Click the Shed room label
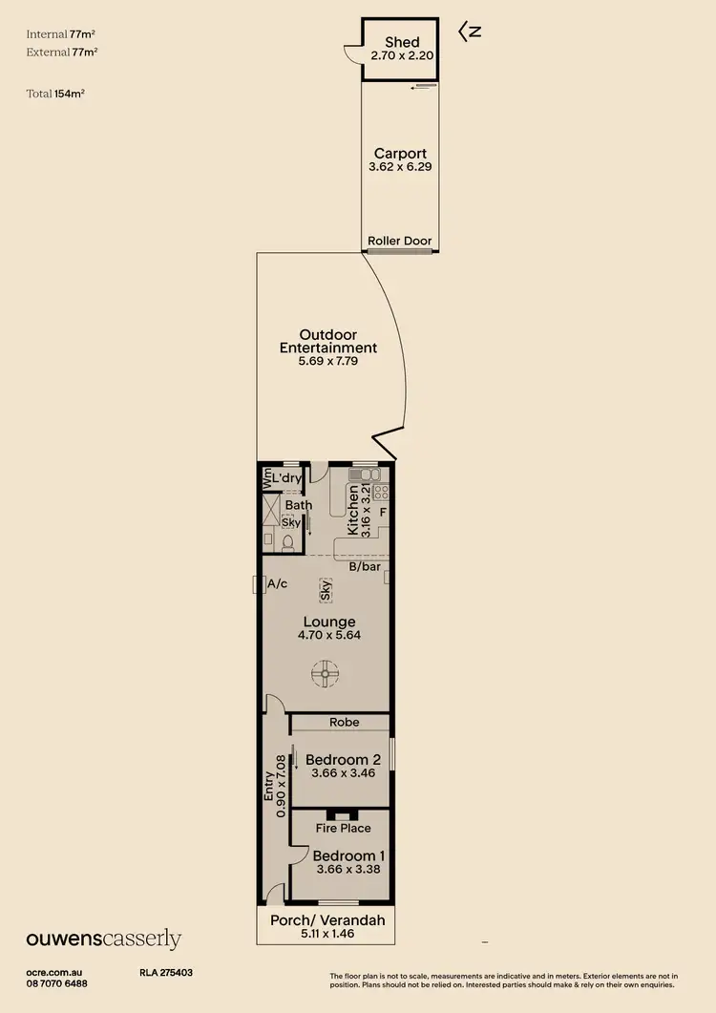click(401, 43)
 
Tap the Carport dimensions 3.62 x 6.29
click(400, 167)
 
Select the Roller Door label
click(400, 242)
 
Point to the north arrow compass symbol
click(469, 32)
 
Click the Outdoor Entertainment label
click(327, 342)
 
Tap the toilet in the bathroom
click(287, 542)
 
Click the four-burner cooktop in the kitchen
click(379, 493)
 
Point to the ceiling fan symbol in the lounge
click(326, 674)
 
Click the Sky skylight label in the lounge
click(326, 589)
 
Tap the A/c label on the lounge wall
click(278, 583)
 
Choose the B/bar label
click(365, 567)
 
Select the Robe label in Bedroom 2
click(343, 723)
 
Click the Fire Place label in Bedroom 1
click(343, 828)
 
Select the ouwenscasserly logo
click(103, 939)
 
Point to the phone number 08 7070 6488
click(56, 983)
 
